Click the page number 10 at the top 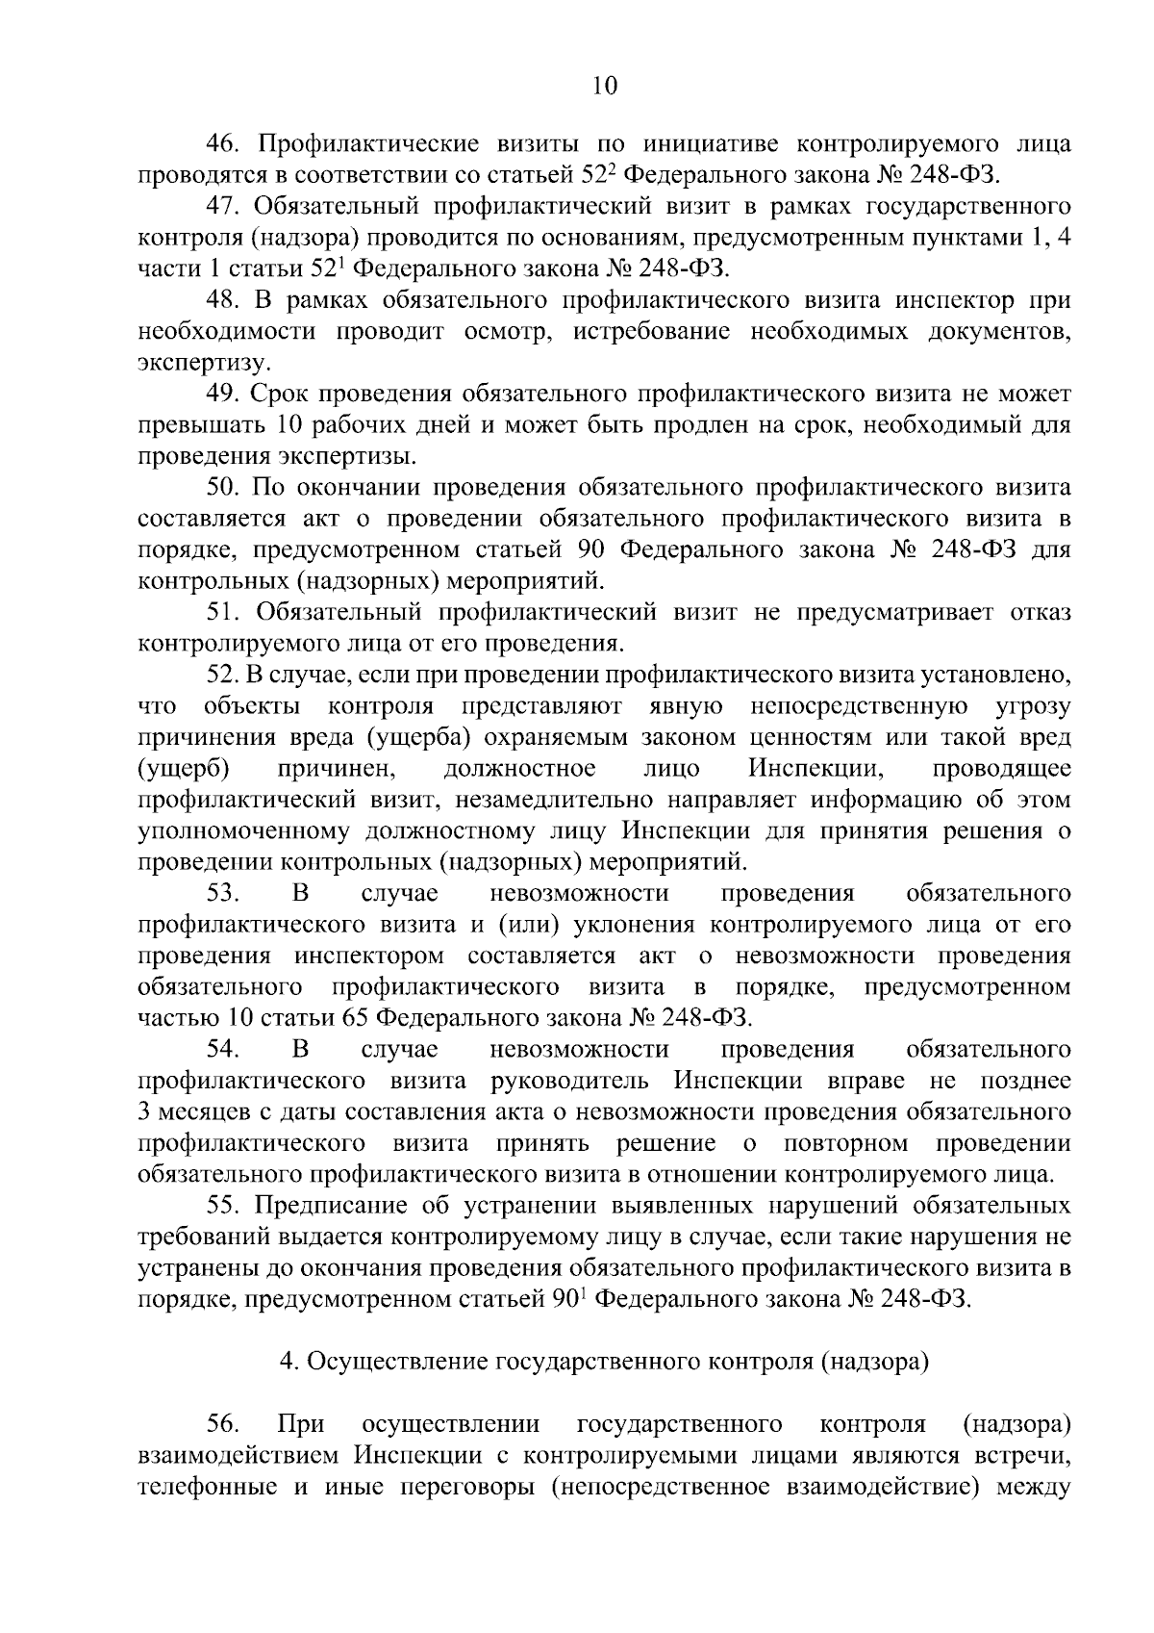click(x=604, y=86)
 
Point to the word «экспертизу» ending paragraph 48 click(x=204, y=364)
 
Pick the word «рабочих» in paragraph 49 click(x=375, y=425)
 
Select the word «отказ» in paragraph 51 click(x=1040, y=612)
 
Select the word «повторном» click(x=845, y=1143)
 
